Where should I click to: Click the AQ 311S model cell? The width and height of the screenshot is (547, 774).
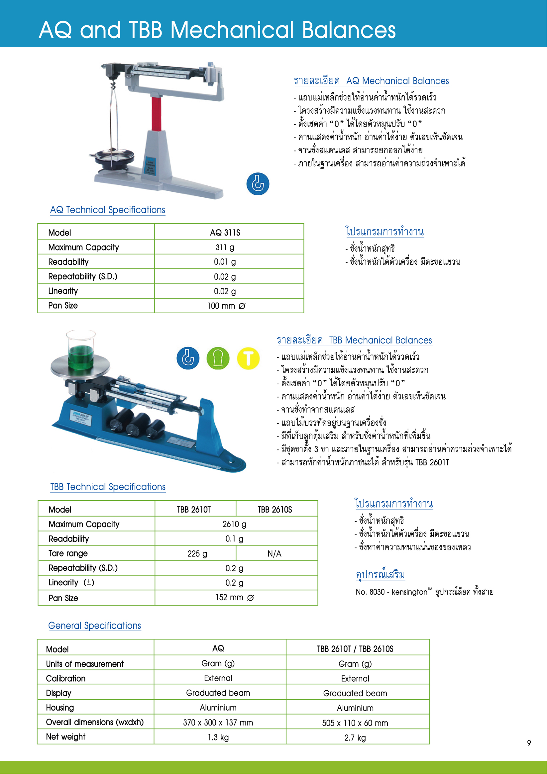[225, 233]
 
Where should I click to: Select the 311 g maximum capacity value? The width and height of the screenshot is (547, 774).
[225, 247]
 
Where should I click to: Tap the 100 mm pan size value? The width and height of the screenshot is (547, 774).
[226, 306]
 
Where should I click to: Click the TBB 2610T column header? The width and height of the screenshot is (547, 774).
[194, 510]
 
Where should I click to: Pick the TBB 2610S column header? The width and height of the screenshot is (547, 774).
[275, 510]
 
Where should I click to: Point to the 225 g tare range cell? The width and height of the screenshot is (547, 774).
[197, 553]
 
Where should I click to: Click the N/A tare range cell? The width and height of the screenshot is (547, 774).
[274, 553]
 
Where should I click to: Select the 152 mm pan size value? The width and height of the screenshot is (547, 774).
[235, 597]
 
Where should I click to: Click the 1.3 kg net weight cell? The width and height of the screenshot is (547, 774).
[218, 737]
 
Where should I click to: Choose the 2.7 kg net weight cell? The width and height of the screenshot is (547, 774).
[355, 737]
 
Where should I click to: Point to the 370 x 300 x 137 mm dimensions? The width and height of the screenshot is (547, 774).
[218, 723]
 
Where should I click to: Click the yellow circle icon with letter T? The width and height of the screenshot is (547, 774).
[248, 358]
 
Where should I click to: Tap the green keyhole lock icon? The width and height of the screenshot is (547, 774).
[218, 358]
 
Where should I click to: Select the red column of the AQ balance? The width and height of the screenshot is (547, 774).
[156, 113]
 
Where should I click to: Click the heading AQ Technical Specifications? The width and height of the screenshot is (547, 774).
[108, 210]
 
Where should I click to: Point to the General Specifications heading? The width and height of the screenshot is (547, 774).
[94, 626]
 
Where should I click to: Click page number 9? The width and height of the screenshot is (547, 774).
[529, 743]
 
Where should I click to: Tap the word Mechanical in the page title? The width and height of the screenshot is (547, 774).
[232, 30]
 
